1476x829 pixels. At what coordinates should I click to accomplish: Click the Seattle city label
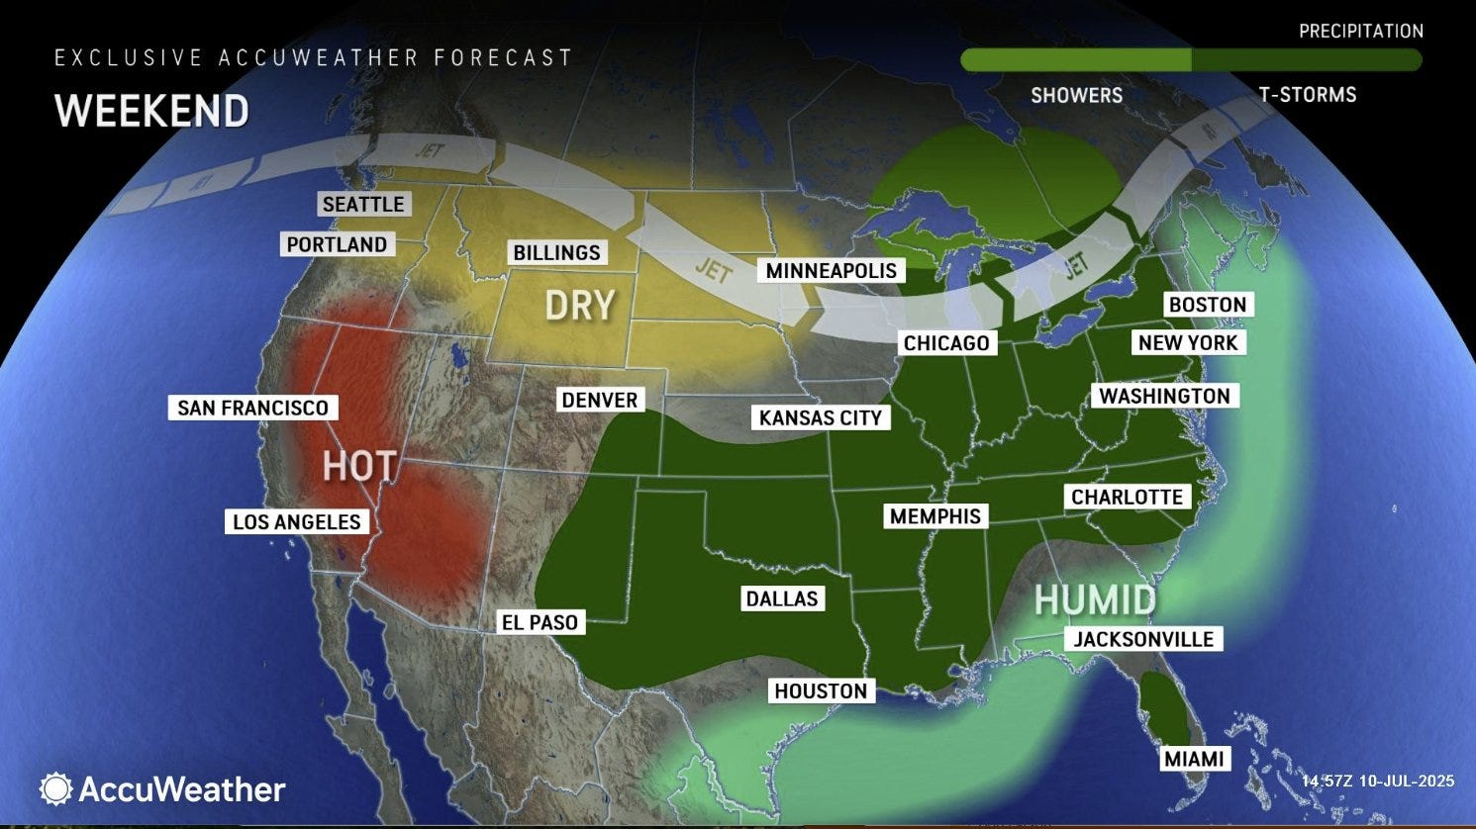[363, 205]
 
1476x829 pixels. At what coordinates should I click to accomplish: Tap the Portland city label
[337, 244]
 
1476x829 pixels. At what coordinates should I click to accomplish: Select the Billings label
[556, 253]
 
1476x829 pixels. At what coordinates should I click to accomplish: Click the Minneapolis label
[831, 271]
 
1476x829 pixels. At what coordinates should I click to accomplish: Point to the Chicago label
[945, 343]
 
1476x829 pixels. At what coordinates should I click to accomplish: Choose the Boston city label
[1207, 305]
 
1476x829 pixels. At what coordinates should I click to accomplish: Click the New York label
[1187, 343]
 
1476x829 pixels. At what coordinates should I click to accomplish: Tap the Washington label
[1164, 397]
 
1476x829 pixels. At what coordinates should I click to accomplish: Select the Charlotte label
[1127, 498]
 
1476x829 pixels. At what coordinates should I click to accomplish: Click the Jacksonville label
[1143, 640]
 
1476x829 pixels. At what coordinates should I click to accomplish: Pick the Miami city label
[1194, 760]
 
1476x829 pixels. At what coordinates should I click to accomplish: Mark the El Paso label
[540, 623]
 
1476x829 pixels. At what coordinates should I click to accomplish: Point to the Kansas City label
[820, 418]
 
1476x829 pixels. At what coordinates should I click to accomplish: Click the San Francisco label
[252, 408]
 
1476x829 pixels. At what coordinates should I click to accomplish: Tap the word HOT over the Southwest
[359, 466]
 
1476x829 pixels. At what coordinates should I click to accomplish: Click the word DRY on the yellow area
[580, 306]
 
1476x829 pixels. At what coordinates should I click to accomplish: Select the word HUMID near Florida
[1095, 599]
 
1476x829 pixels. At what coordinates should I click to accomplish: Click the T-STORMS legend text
[1307, 95]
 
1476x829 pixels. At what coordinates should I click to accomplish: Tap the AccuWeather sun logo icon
[55, 788]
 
